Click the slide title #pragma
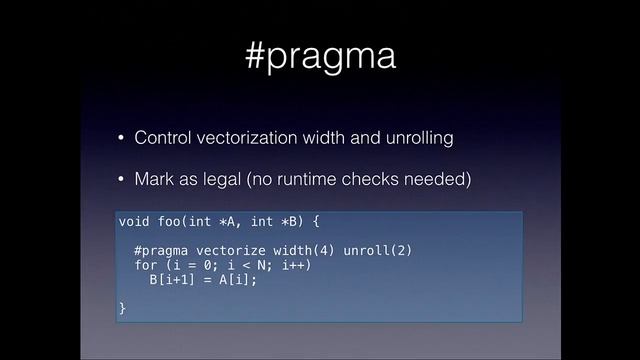click(x=320, y=56)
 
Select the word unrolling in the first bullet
click(x=419, y=138)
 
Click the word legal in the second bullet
click(x=224, y=180)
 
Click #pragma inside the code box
click(x=161, y=250)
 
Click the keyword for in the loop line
click(x=145, y=265)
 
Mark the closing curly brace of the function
click(x=122, y=309)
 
